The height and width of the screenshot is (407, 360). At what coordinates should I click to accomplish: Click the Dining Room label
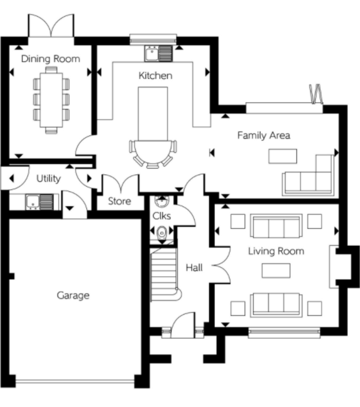[x=50, y=59]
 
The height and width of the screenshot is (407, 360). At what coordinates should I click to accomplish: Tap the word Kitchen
[x=155, y=76]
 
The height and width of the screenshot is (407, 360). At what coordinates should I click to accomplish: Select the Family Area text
[x=264, y=135]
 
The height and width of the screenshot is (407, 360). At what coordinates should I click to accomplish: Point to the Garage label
[x=73, y=296]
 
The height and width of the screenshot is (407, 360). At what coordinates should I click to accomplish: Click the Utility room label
[x=48, y=178]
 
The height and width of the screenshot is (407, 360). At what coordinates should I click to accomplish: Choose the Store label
[x=119, y=201]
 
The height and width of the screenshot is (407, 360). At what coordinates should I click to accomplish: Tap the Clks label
[x=162, y=216]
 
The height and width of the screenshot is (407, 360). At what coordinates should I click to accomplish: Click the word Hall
[x=194, y=268]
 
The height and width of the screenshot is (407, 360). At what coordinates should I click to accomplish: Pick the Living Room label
[x=276, y=251]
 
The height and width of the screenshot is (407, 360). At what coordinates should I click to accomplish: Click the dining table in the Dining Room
[x=51, y=100]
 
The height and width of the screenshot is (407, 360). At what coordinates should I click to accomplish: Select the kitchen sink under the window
[x=158, y=54]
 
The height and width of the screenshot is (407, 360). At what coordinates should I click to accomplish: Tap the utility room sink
[x=40, y=202]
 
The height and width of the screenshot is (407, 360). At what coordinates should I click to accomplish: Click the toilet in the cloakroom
[x=162, y=233]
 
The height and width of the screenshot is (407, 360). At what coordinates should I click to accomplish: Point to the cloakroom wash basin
[x=162, y=201]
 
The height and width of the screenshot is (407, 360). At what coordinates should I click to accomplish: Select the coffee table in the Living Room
[x=276, y=271]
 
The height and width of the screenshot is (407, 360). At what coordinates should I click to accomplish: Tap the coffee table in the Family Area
[x=283, y=156]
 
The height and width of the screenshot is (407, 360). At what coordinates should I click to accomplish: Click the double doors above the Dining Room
[x=51, y=26]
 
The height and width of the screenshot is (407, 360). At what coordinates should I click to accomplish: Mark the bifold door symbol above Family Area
[x=316, y=94]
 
